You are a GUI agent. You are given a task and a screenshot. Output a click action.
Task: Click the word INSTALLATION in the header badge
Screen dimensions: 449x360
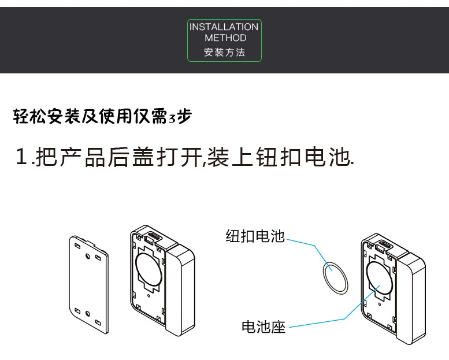click(x=224, y=27)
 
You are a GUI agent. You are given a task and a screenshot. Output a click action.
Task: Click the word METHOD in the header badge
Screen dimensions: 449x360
click(x=225, y=38)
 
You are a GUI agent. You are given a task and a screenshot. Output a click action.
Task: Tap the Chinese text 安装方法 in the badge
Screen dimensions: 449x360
click(x=225, y=52)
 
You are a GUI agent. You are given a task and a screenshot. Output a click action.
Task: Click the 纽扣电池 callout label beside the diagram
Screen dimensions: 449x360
click(x=255, y=236)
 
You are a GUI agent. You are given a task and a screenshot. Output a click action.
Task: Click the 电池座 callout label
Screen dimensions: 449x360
click(x=264, y=327)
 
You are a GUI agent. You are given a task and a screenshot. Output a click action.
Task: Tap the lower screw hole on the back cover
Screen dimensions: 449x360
click(x=87, y=314)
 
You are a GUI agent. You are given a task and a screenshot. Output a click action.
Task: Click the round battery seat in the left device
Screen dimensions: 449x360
click(x=150, y=268)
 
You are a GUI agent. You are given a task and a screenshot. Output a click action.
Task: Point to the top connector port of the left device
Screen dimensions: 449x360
click(x=153, y=236)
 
